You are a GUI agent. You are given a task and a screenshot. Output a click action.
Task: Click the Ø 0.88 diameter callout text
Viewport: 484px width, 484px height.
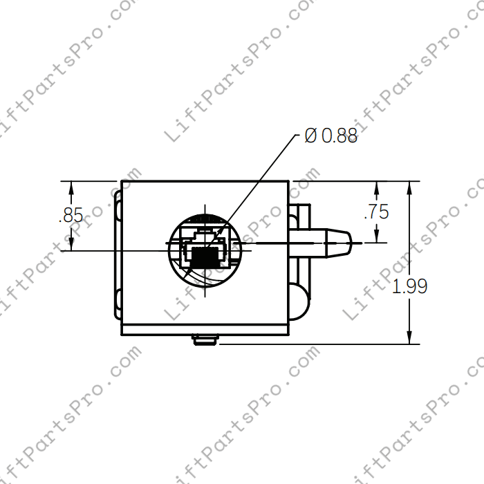coord(331,136)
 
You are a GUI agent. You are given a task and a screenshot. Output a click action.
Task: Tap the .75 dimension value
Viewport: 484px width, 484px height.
coord(376,212)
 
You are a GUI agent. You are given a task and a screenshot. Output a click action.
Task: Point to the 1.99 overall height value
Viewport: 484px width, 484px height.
coord(409,286)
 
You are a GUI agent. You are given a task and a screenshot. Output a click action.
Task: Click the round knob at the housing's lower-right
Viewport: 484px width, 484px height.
coord(300,302)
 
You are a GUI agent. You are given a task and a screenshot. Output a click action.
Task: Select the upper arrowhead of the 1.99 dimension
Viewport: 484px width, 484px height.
coord(410,187)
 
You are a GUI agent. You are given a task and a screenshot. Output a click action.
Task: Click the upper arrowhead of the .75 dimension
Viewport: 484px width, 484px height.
coord(376,187)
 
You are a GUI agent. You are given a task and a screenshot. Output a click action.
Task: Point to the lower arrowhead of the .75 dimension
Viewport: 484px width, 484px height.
coord(376,237)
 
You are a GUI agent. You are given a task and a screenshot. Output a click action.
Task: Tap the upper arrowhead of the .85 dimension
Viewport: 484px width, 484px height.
coord(71,187)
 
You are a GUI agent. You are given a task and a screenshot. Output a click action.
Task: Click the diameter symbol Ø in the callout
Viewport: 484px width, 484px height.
coord(311,136)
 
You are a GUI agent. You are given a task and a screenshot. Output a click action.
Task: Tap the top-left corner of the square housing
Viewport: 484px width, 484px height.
coord(122,182)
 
